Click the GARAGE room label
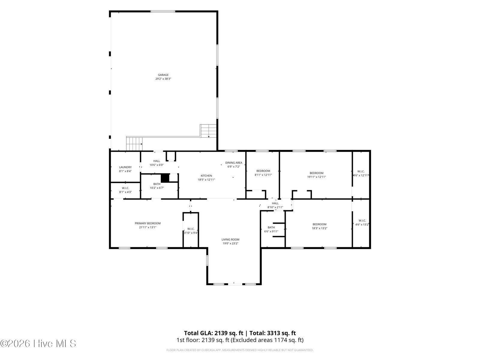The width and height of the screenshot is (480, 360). (x=163, y=75)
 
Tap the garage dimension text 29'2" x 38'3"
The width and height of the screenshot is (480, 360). (x=163, y=79)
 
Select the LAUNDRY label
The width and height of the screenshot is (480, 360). (x=125, y=167)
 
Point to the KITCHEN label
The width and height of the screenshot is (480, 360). (x=206, y=176)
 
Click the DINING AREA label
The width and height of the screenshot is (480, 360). (x=234, y=163)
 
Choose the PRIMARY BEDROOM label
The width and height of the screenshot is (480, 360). (x=148, y=223)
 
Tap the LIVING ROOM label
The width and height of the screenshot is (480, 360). (x=230, y=240)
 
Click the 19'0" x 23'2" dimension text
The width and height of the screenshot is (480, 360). (x=230, y=244)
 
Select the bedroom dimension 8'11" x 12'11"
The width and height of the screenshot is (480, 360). (x=263, y=175)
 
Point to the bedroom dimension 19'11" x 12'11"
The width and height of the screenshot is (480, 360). (x=316, y=177)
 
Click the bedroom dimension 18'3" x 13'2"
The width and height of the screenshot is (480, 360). (x=319, y=228)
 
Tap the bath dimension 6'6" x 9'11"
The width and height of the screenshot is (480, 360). (x=271, y=232)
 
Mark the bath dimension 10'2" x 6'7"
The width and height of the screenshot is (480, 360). (x=157, y=188)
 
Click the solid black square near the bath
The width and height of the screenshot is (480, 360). (x=165, y=178)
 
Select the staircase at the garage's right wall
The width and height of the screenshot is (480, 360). (x=208, y=131)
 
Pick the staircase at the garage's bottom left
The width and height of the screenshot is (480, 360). (x=134, y=144)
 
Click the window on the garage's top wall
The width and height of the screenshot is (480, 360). (x=163, y=11)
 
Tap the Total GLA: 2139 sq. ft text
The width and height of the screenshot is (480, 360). (x=213, y=333)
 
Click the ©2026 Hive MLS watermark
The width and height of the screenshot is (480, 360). (x=38, y=343)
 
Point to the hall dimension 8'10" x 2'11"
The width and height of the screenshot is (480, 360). (x=275, y=207)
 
